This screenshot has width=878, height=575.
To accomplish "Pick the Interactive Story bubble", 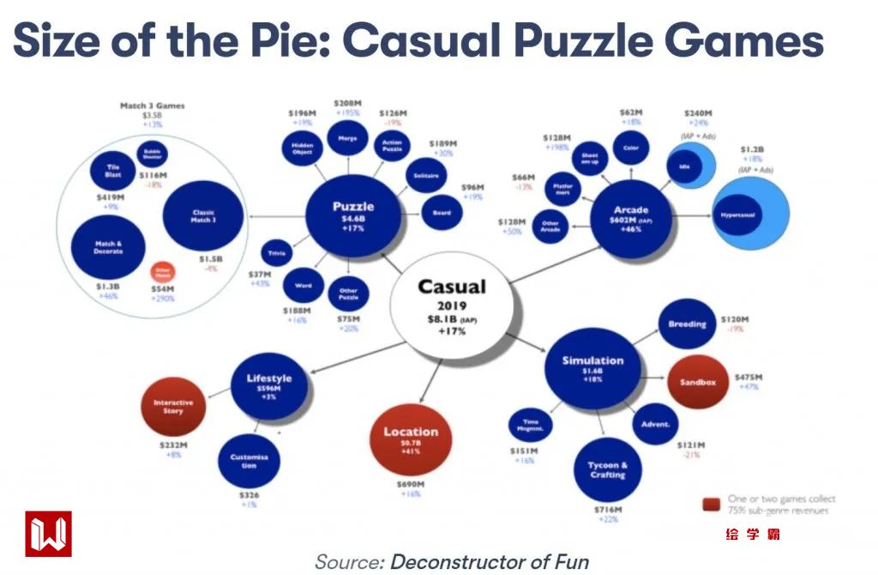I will pyautogui.click(x=173, y=406).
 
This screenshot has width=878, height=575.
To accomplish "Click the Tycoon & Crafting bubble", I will pyautogui.click(x=607, y=470).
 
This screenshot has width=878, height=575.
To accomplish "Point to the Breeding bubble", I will pyautogui.click(x=688, y=324).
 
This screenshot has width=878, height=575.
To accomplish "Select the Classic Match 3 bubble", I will pyautogui.click(x=202, y=215).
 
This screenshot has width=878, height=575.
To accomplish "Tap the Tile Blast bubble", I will pyautogui.click(x=112, y=169).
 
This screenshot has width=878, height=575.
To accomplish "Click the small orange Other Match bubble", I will pyautogui.click(x=162, y=273).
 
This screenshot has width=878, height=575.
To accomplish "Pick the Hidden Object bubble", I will pyautogui.click(x=302, y=148).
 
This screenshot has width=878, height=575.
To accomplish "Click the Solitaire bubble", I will pyautogui.click(x=425, y=176).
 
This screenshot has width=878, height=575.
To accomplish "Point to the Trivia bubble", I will pyautogui.click(x=277, y=253).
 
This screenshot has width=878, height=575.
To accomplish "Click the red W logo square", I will pyautogui.click(x=48, y=534).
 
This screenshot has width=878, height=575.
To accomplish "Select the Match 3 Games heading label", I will pyautogui.click(x=152, y=106).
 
